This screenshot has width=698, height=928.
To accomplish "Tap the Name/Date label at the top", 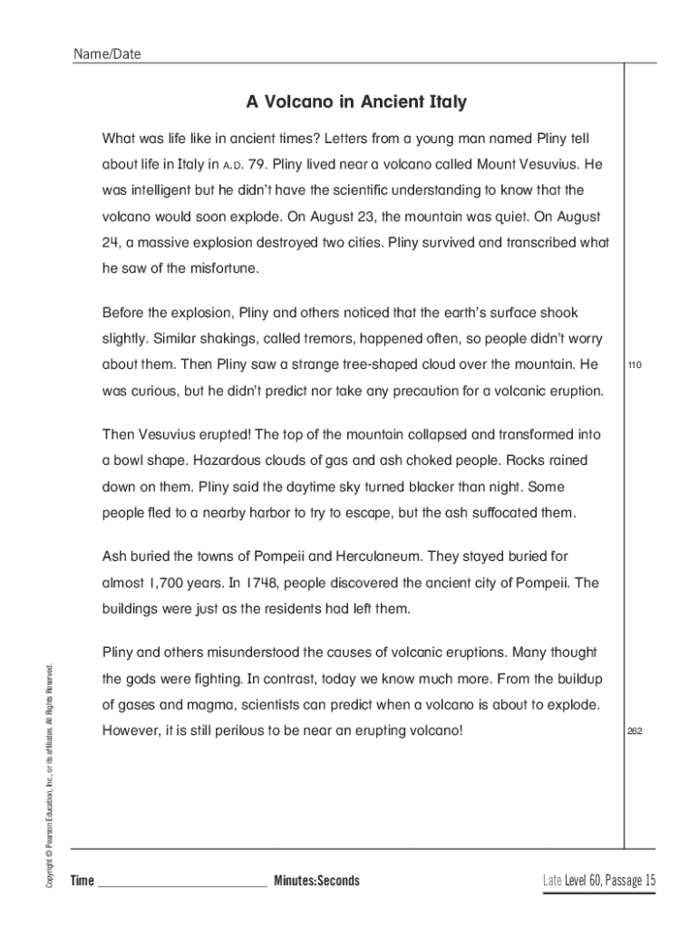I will (x=107, y=54).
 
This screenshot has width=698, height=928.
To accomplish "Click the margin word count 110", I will (x=634, y=365).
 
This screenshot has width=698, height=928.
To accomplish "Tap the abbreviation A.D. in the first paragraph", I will (x=233, y=167).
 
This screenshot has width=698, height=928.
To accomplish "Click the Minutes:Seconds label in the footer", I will (x=316, y=881).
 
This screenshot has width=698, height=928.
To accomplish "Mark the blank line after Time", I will (x=181, y=884).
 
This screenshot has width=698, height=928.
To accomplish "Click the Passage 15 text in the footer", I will (x=630, y=880).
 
